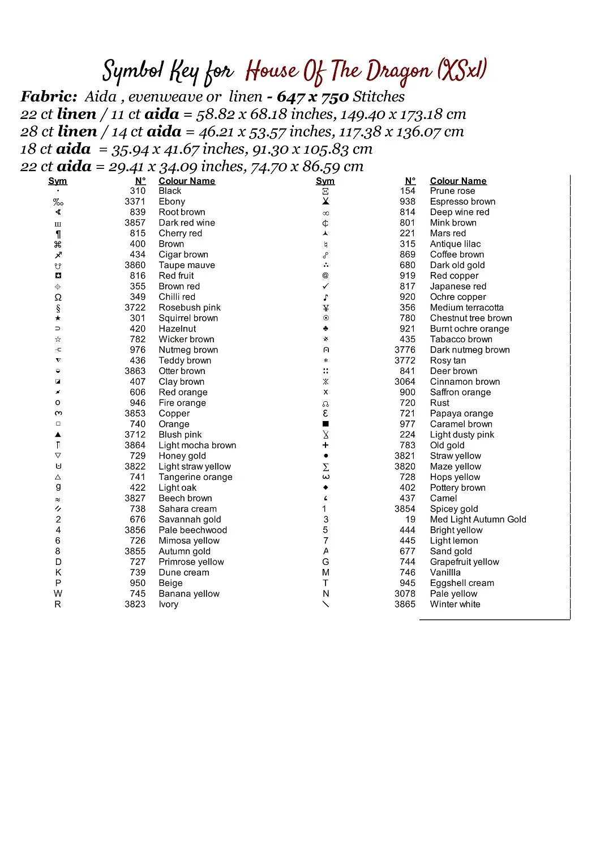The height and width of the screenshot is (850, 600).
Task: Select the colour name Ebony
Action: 172,202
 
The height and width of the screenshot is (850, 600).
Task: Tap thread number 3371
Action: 135,202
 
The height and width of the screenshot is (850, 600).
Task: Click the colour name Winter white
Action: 455,605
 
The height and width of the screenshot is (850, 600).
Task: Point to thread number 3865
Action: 405,605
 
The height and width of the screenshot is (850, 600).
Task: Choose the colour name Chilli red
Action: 177,297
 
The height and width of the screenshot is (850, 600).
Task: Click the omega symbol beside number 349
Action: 58,297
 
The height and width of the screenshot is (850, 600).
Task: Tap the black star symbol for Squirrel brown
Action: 58,318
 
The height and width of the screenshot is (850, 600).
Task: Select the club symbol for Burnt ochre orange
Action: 325,329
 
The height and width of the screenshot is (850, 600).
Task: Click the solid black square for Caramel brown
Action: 325,424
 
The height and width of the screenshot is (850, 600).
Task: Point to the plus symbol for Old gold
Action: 325,445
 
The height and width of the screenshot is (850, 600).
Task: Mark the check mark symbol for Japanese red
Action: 325,287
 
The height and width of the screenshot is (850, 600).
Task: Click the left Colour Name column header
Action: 187,181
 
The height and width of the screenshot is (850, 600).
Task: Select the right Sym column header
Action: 325,181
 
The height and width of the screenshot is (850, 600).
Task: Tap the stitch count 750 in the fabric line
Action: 335,97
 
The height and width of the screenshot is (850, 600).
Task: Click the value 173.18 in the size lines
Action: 422,114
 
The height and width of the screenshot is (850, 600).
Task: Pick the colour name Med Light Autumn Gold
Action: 478,520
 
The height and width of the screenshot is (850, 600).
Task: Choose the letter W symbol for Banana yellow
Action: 58,594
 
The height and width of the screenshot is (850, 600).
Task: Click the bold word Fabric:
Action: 49,97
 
